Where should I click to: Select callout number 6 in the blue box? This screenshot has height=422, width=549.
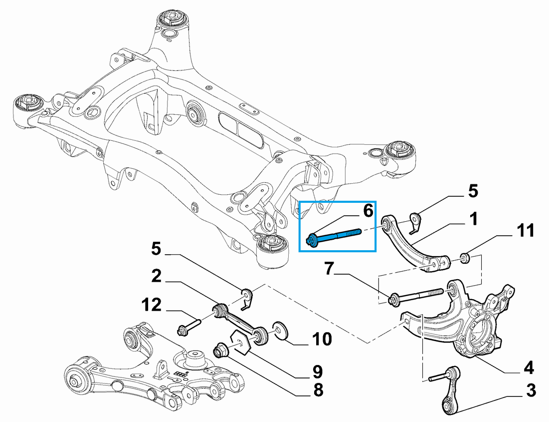(x=367, y=211)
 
